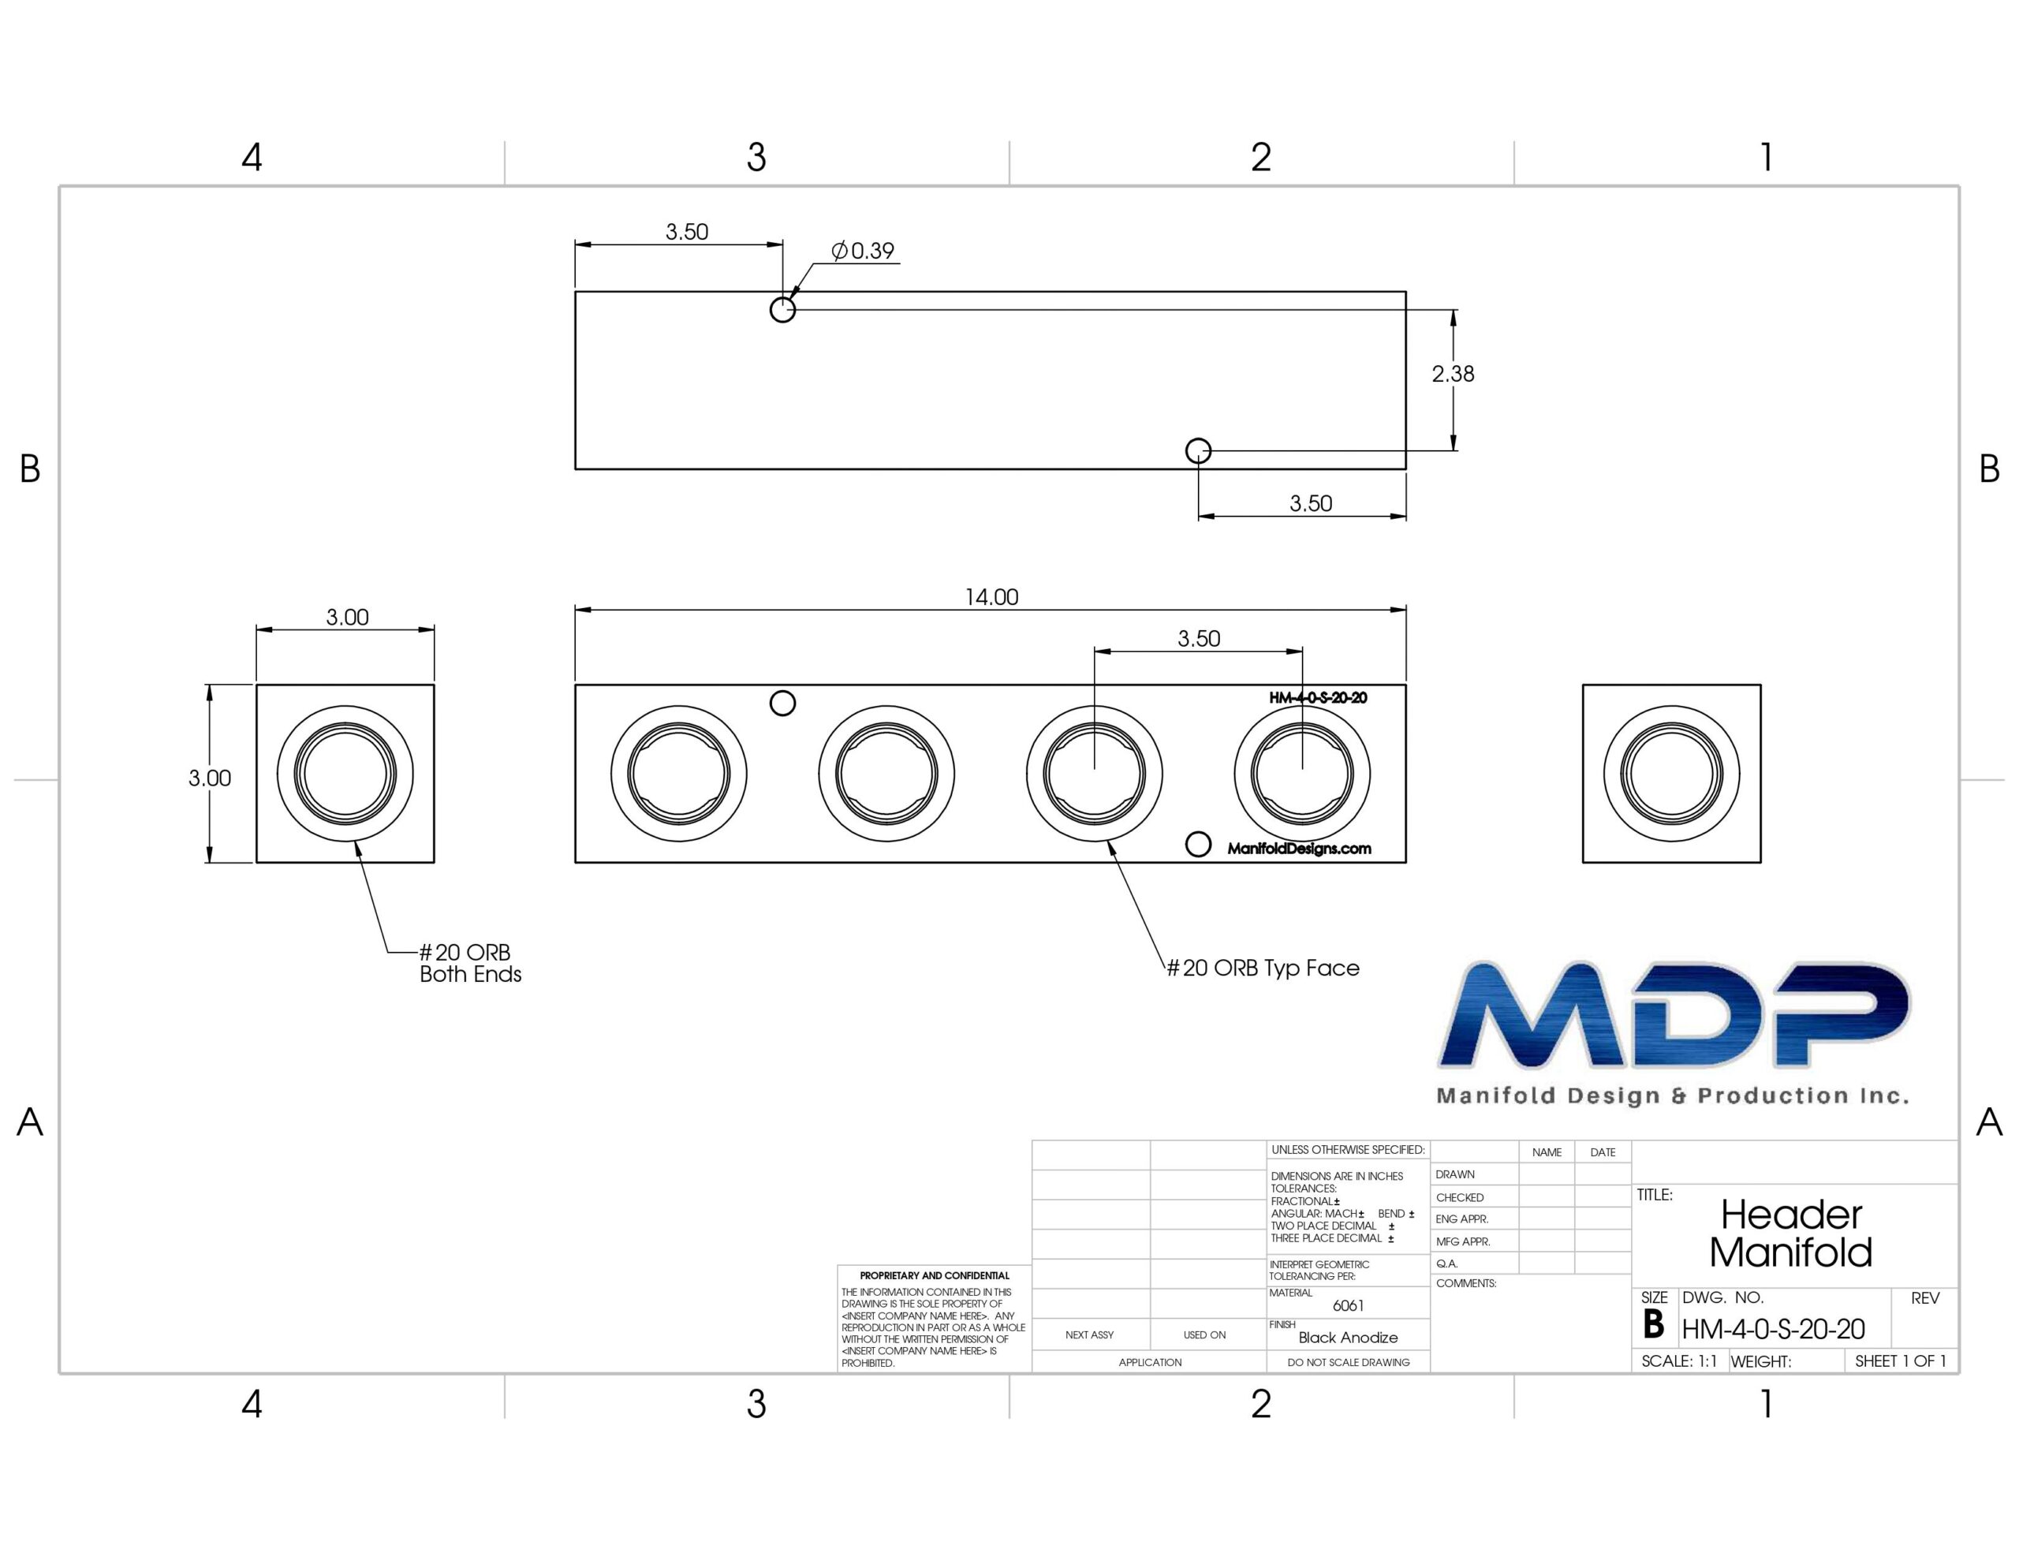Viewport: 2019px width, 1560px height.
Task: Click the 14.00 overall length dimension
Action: coord(991,597)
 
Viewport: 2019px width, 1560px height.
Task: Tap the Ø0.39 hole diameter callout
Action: coord(863,251)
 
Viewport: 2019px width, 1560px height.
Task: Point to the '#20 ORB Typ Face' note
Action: coord(1263,968)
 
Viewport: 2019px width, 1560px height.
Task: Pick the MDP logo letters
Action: coord(1674,1014)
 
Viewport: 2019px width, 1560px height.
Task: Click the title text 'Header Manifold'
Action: coord(1790,1233)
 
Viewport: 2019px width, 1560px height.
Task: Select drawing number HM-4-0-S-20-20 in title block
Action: coord(1773,1329)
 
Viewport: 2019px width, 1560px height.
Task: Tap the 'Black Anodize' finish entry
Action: coord(1348,1337)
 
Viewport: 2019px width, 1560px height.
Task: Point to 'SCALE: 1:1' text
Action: coord(1679,1361)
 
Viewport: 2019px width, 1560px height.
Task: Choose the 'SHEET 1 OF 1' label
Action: coord(1901,1361)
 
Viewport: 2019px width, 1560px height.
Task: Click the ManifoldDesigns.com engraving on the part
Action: coord(1299,849)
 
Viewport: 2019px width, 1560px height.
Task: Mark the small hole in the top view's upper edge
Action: coord(783,310)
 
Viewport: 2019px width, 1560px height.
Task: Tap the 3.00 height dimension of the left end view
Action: coord(210,778)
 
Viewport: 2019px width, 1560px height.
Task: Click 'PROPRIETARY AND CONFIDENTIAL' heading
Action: coord(935,1275)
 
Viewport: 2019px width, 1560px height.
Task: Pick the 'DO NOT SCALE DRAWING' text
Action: coord(1349,1362)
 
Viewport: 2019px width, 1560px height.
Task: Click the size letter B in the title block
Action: coord(1654,1325)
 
